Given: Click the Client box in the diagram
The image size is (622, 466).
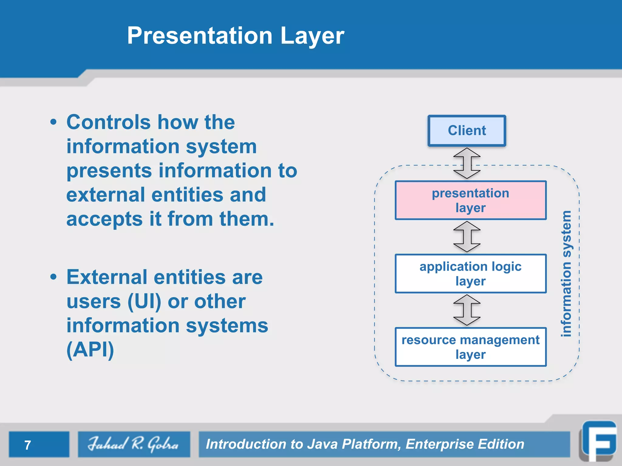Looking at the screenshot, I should tap(467, 131).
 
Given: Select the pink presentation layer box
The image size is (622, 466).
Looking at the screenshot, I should tap(470, 200).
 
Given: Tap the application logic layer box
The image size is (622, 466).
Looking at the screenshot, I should tap(470, 274).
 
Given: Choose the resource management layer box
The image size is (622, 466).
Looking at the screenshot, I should tap(470, 347).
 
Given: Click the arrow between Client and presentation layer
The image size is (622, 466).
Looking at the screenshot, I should tap(467, 163).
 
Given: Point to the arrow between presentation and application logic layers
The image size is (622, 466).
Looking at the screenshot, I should tap(467, 237).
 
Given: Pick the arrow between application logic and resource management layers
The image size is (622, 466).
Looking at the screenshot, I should tap(467, 310).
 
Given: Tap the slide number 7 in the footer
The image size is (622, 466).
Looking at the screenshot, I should tap(28, 445).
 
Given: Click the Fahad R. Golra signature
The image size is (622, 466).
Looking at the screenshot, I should tap(134, 444).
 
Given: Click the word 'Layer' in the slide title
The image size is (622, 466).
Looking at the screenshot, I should tap(312, 36).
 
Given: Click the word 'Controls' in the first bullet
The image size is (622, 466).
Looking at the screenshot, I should tap(108, 122).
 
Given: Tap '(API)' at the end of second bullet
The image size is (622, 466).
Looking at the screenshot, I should tap(90, 349).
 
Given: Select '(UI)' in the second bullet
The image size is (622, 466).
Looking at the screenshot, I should tap(144, 302).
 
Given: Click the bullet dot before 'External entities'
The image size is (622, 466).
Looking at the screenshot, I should tap(53, 277).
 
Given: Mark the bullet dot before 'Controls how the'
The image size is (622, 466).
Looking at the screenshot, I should tap(53, 122).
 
